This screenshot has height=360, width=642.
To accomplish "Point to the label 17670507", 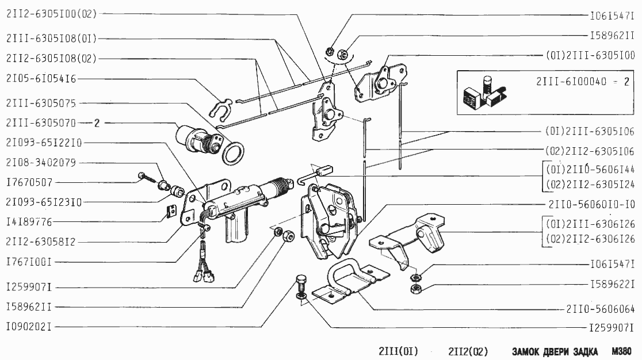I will tap(29, 182).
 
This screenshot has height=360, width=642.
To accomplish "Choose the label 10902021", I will tap(29, 327).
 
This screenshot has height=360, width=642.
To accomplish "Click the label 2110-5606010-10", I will tap(592, 204).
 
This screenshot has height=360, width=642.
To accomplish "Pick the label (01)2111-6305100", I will tap(590, 56).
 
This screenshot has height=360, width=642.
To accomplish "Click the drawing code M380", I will tap(622, 351).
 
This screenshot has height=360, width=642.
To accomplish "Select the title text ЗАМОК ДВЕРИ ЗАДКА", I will tap(555, 351).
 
